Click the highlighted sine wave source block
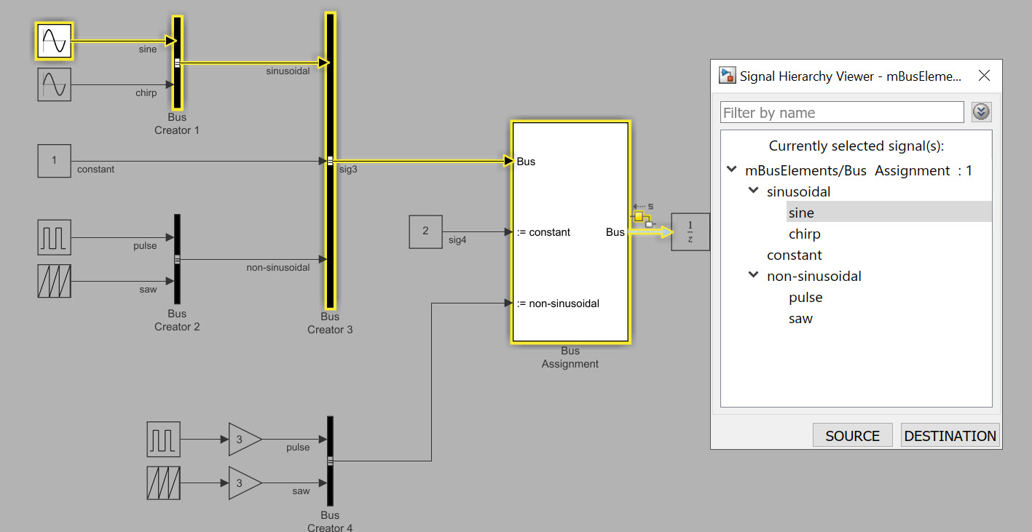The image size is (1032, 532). pyautogui.click(x=55, y=41)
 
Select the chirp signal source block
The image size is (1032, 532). pyautogui.click(x=55, y=84)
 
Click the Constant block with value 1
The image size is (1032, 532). pyautogui.click(x=55, y=161)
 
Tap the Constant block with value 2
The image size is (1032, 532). pyautogui.click(x=425, y=231)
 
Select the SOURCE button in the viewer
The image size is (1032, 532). pyautogui.click(x=852, y=436)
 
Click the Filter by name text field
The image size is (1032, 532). pyautogui.click(x=841, y=113)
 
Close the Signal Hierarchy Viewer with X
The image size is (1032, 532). pyautogui.click(x=984, y=76)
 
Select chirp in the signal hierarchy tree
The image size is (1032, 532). pyautogui.click(x=804, y=234)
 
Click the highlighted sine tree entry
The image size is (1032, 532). pyautogui.click(x=801, y=213)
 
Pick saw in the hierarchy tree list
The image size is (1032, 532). pyautogui.click(x=800, y=319)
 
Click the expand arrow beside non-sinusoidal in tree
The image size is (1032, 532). pyautogui.click(x=753, y=277)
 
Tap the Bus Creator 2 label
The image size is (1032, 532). pyautogui.click(x=177, y=320)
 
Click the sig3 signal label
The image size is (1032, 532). pyautogui.click(x=349, y=169)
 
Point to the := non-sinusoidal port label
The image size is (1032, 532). pyautogui.click(x=559, y=303)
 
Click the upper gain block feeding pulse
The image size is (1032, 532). pyautogui.click(x=244, y=440)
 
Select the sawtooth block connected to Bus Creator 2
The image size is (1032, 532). pyautogui.click(x=55, y=281)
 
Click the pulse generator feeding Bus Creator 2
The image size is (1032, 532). pyautogui.click(x=55, y=237)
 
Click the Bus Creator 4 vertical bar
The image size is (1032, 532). pyautogui.click(x=330, y=460)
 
